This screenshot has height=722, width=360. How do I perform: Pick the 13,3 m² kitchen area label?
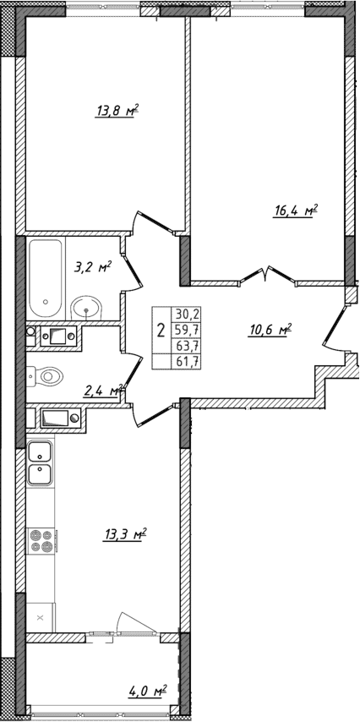[x=127, y=533]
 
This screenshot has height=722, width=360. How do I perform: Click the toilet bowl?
[x=45, y=373]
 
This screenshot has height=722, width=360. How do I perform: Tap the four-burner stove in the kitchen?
[x=41, y=539]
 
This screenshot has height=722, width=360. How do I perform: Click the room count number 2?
[x=161, y=330]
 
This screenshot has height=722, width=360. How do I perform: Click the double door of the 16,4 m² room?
[x=269, y=276]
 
